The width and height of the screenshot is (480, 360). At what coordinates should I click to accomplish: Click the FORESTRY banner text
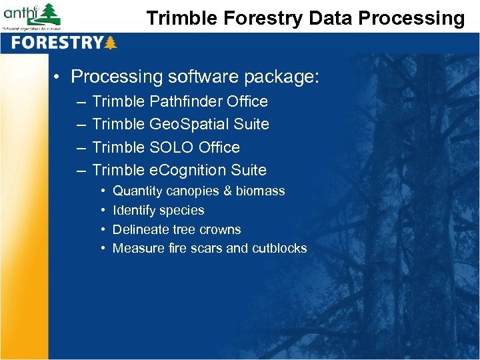(x=57, y=43)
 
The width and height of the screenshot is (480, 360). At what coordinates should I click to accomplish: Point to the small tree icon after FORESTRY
(x=111, y=43)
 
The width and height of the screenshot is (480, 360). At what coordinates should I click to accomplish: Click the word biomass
(x=260, y=191)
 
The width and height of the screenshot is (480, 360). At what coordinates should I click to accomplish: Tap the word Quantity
(x=137, y=191)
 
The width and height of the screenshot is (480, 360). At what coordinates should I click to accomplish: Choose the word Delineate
(x=140, y=229)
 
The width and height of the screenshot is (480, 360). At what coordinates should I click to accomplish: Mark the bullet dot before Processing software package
(x=58, y=77)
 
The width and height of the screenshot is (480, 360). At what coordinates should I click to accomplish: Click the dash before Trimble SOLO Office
(x=80, y=147)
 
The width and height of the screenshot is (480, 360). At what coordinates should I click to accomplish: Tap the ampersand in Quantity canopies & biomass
(x=227, y=191)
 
